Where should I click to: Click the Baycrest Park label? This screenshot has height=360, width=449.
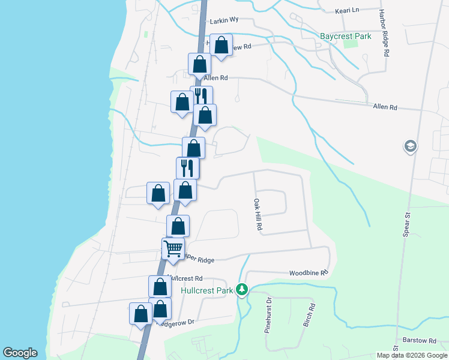point(345,36)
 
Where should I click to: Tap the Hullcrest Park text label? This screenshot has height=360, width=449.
point(206,291)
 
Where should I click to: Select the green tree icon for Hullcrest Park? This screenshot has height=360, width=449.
point(242,290)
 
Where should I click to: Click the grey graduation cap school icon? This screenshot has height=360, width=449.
point(411,146)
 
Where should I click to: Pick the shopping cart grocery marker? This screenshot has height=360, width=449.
point(173,248)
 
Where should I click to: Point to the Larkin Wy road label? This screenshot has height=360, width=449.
point(224,20)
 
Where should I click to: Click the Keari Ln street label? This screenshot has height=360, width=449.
point(346,10)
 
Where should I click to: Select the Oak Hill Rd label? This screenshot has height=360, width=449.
point(258,217)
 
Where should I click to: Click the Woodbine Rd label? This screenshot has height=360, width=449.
point(309,272)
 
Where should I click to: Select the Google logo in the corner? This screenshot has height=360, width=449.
point(20,353)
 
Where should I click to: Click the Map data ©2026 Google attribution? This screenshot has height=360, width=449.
point(412,355)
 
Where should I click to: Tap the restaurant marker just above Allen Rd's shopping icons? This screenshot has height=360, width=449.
point(201,96)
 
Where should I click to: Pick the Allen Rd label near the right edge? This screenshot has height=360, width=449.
point(385,107)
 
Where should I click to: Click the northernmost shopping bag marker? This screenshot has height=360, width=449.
point(221,45)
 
